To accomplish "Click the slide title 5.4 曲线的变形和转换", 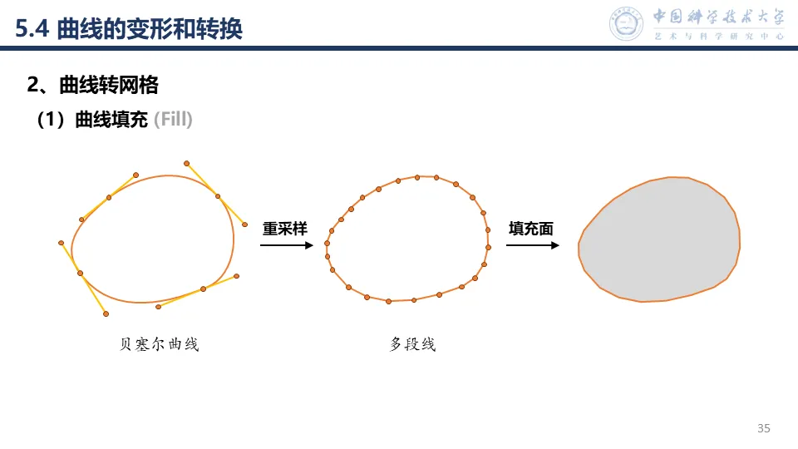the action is (129, 29).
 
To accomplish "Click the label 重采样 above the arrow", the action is (285, 229).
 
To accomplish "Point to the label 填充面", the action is (531, 229).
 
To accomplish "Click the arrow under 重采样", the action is (286, 245).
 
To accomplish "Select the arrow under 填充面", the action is (531, 245).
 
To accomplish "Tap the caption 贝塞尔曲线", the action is (160, 344).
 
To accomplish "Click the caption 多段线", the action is (412, 344).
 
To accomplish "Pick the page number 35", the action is (764, 428).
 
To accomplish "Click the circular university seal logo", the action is (627, 23).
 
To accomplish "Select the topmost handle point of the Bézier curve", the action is (186, 163).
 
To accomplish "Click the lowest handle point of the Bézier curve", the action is (106, 313).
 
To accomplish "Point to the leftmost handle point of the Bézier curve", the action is (62, 243).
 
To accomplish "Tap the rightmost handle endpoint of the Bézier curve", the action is (244, 224).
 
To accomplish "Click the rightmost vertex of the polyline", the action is (488, 247).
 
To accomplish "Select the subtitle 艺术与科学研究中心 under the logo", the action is (719, 37).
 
